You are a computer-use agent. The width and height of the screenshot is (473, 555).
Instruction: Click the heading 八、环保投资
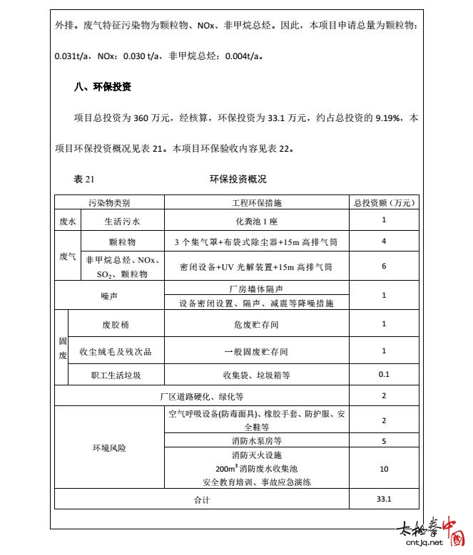point(103,87)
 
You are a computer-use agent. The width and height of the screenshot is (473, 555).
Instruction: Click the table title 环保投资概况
point(238,180)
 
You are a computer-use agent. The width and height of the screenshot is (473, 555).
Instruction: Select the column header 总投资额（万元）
point(384,203)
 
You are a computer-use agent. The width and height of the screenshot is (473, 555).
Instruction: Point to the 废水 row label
point(68,221)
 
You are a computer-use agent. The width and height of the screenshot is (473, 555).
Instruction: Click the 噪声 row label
point(109,295)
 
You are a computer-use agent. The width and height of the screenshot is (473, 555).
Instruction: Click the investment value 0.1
point(384,374)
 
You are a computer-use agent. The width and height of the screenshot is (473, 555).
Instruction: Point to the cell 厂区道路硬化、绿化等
point(201,396)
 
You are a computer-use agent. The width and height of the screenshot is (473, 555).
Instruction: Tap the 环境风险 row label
point(109,448)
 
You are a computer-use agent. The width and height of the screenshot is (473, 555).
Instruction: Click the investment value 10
point(384,468)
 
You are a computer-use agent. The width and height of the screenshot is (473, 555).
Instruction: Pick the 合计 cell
point(201,499)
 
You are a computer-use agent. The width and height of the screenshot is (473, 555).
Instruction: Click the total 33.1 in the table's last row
point(384,499)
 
